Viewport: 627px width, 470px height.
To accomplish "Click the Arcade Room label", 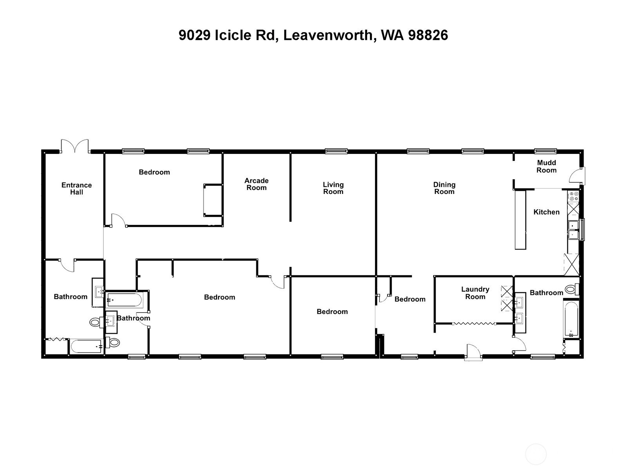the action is (256, 184).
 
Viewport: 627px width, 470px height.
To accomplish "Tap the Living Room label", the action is (333, 188).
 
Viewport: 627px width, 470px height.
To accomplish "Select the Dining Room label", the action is (444, 188).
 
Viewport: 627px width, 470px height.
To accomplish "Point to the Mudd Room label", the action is (546, 166).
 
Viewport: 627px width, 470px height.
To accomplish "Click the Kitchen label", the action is (546, 212).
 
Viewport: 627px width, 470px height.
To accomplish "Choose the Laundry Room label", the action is (475, 293).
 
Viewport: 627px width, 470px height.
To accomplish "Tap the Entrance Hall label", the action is (76, 188).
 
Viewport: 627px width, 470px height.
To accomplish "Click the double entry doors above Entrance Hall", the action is (75, 146).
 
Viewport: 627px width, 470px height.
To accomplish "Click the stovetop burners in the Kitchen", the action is (573, 196).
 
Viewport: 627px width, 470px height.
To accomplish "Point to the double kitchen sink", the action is (573, 230).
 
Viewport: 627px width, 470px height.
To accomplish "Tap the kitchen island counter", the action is (520, 220).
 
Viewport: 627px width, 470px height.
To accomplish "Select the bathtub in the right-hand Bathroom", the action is (571, 318).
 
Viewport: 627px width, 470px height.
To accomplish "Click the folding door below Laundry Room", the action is (474, 324).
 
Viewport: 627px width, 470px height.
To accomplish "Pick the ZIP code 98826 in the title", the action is (428, 35).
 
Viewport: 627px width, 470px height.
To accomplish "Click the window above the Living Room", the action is (336, 151).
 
